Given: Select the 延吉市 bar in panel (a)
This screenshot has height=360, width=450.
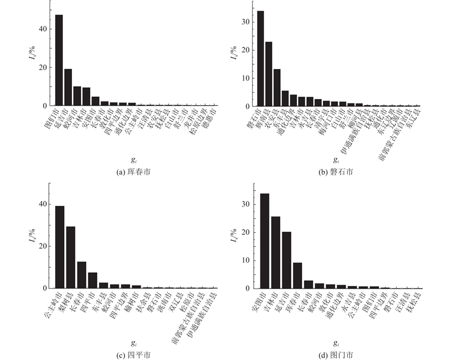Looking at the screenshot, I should (68, 87).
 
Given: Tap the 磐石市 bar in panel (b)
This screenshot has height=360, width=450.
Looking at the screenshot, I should (260, 58).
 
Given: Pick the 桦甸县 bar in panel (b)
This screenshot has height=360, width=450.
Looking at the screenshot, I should (269, 74).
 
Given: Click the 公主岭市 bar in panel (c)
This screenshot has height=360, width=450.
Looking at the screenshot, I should (60, 247).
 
